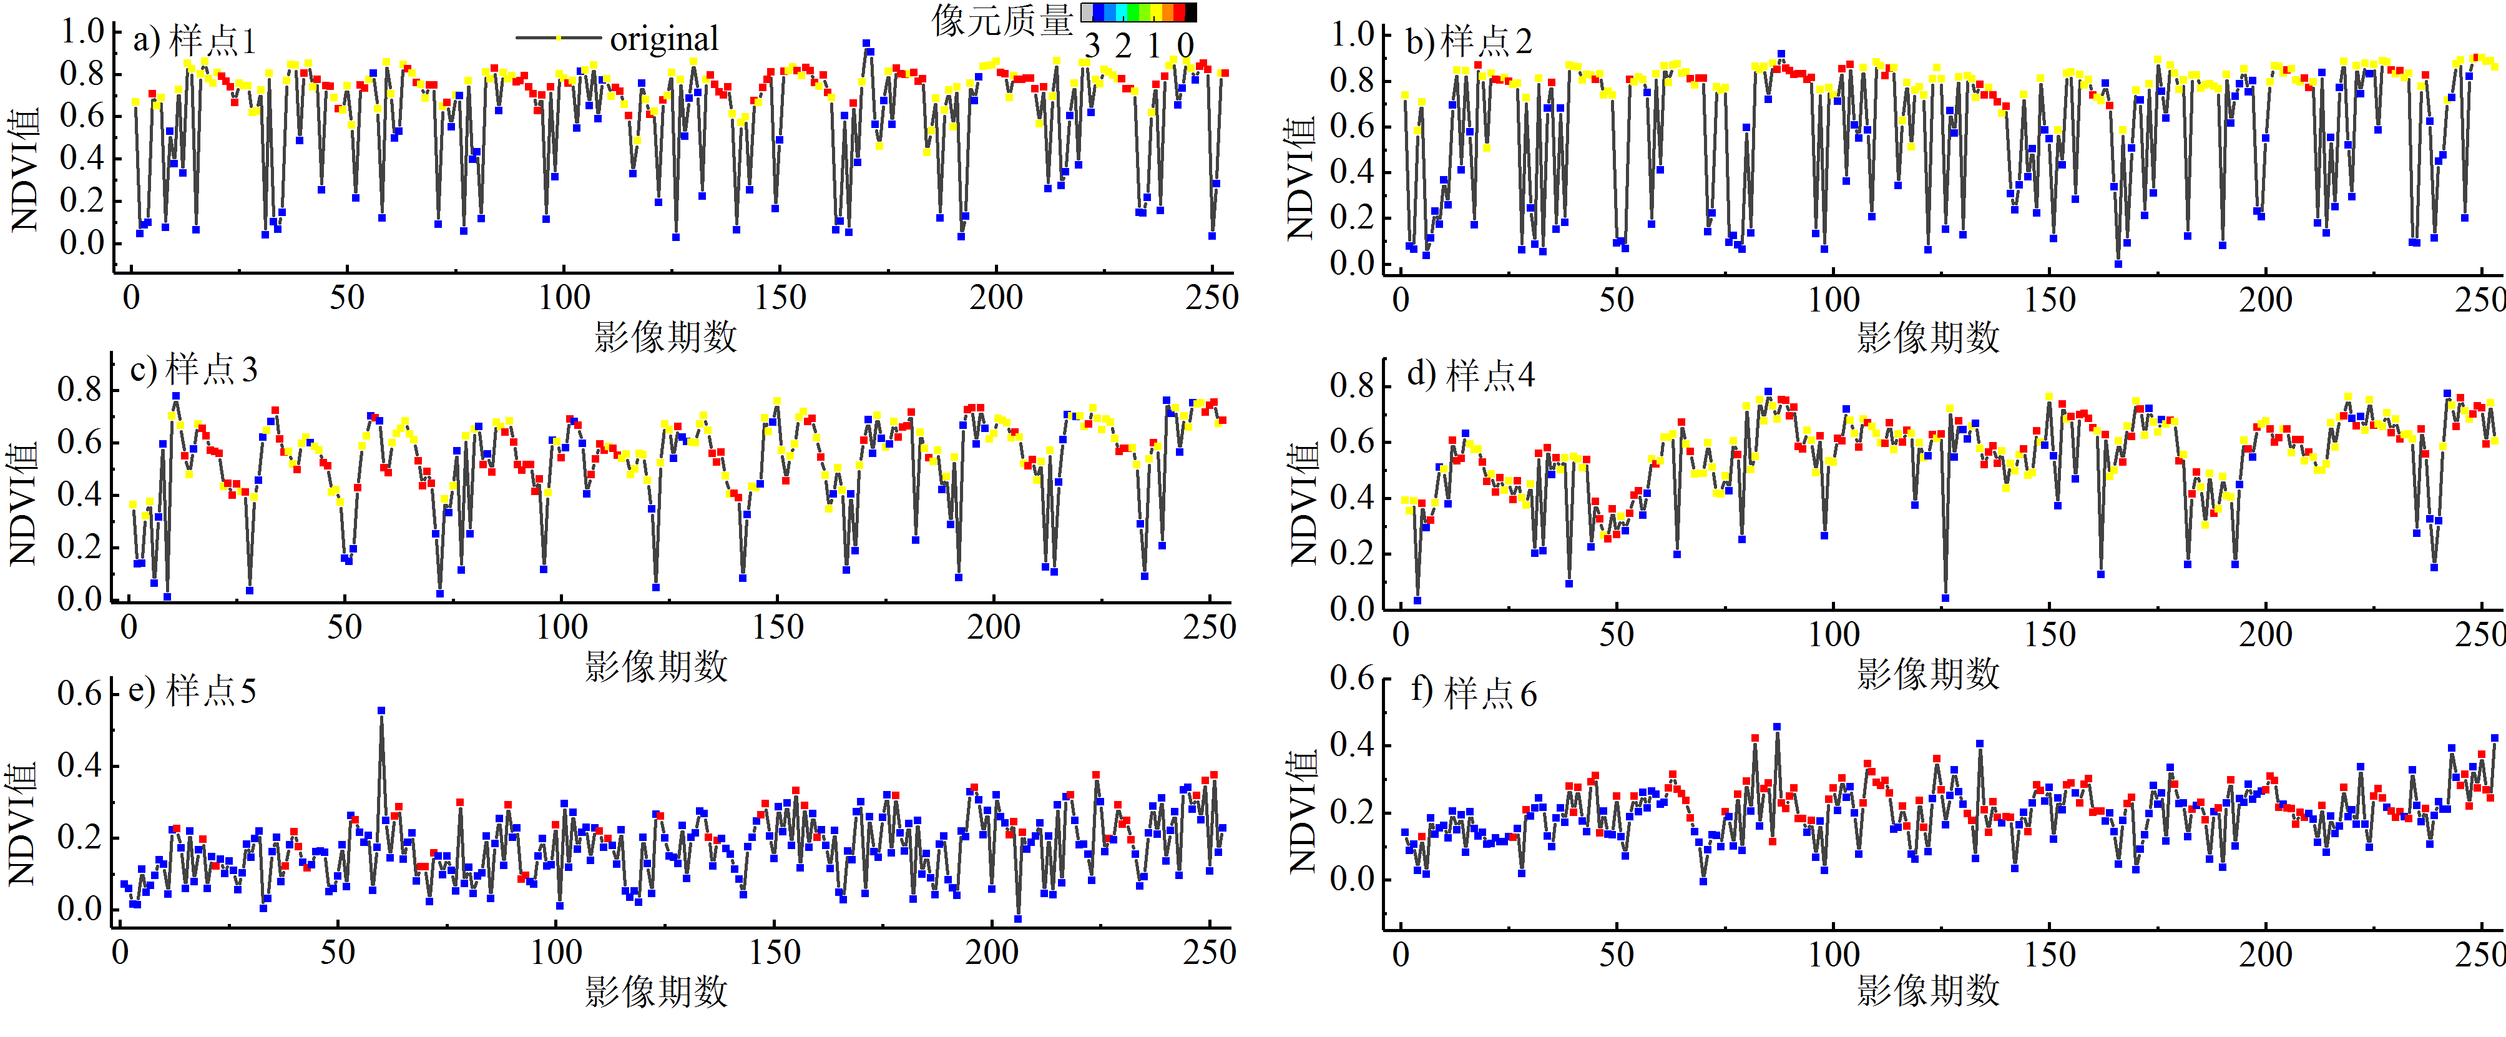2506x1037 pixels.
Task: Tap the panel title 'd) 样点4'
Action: tap(1471, 375)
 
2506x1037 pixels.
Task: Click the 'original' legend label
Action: tap(665, 39)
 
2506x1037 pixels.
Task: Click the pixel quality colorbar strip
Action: tap(1139, 12)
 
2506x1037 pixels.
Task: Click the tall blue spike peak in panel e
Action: tap(381, 711)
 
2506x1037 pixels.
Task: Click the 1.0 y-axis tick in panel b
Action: tap(1352, 35)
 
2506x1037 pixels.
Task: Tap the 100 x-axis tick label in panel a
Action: tap(564, 297)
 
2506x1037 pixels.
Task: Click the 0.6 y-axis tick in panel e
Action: tap(80, 694)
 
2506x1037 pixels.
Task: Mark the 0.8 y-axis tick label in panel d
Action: tap(1352, 385)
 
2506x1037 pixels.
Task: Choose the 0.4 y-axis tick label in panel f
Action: tap(1352, 745)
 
